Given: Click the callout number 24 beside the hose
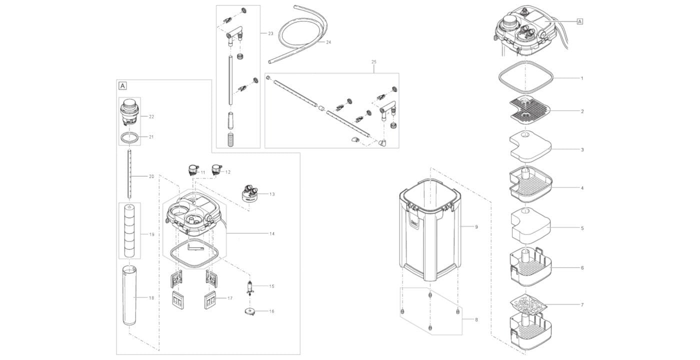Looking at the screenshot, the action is click(x=328, y=42).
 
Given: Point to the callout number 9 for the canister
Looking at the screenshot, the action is click(x=476, y=227).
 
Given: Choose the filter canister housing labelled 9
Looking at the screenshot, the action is click(x=430, y=229).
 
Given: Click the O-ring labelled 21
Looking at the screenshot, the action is click(x=129, y=137).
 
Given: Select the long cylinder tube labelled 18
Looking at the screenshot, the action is click(x=129, y=295).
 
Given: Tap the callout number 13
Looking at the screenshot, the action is click(x=272, y=194).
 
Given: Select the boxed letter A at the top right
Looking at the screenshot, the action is click(x=579, y=21).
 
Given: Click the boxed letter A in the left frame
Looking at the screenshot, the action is click(x=123, y=85).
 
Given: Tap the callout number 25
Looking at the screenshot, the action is click(x=374, y=62).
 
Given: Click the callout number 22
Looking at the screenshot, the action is click(x=151, y=116).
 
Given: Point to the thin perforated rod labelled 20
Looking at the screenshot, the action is click(x=129, y=174).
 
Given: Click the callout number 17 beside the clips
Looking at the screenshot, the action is click(x=230, y=298).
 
